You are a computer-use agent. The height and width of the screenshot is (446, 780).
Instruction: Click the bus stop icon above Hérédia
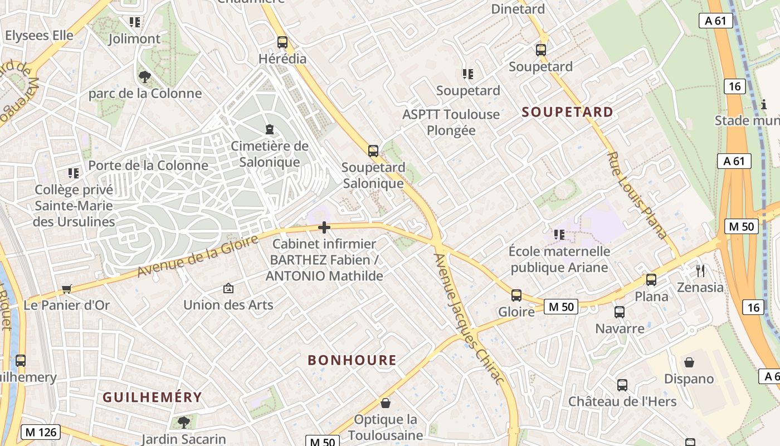[282, 42]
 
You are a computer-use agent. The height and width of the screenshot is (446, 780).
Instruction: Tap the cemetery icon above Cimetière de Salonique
[270, 129]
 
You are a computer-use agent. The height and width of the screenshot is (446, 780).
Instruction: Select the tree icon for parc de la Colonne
[145, 76]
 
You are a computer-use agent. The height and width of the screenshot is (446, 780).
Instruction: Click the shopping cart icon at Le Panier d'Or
[67, 289]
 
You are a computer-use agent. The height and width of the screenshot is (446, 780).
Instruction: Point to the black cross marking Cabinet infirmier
[324, 227]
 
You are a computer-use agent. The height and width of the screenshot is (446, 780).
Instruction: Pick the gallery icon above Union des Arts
[228, 288]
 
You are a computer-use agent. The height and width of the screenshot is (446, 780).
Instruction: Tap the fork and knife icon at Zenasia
[700, 271]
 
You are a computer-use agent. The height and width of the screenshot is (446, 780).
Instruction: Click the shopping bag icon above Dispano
[689, 362]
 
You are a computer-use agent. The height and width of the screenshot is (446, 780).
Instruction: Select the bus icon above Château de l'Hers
[622, 385]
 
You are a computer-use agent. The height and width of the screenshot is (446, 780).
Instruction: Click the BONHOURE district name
[352, 360]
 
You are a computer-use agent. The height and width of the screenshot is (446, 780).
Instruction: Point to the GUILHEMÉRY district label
[152, 397]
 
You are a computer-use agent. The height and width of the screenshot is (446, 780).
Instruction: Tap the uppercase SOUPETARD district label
[567, 112]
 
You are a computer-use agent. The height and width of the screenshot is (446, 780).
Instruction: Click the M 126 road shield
[40, 432]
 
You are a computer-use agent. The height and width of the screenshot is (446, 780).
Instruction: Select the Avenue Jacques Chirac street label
[469, 318]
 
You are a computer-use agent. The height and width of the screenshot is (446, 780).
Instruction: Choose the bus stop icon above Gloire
[516, 295]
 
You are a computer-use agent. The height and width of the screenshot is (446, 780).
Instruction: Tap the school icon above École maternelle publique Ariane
[559, 235]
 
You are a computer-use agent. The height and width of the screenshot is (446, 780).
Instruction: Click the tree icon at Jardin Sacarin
[183, 422]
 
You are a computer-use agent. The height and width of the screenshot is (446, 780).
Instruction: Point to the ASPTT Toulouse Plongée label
[451, 122]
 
